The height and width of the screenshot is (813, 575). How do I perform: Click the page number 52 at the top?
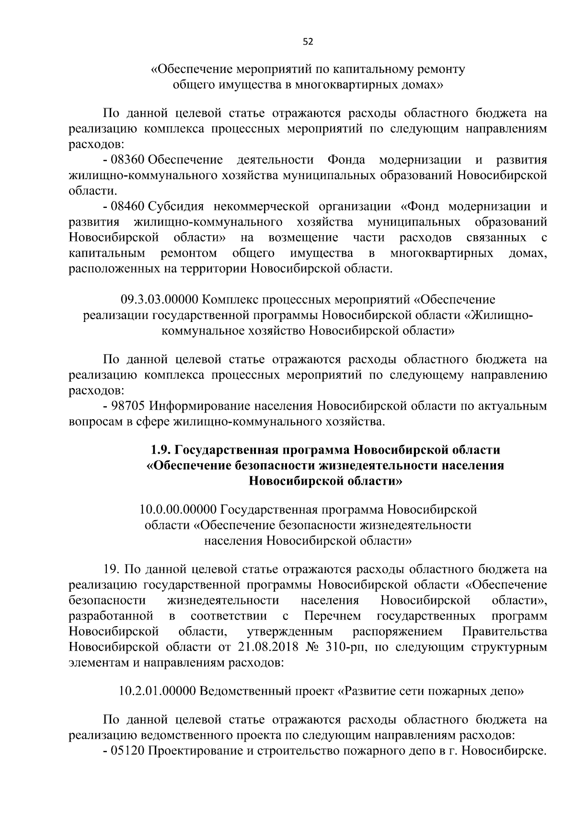click(308, 42)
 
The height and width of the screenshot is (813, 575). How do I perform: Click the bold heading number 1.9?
click(161, 450)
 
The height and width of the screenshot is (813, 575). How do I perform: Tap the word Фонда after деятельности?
click(346, 160)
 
